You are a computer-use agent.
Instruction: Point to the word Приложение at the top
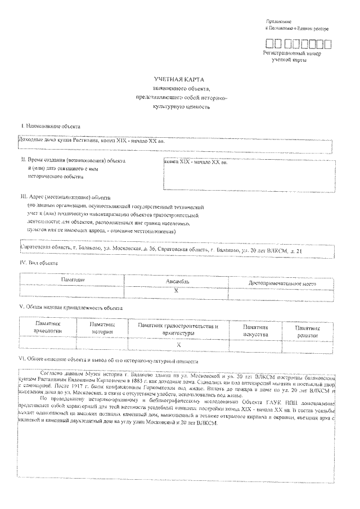275,21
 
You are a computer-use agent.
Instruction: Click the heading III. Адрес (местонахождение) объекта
65,197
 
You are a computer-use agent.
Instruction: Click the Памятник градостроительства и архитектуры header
178,329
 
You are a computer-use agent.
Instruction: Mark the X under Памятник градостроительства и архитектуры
178,344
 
